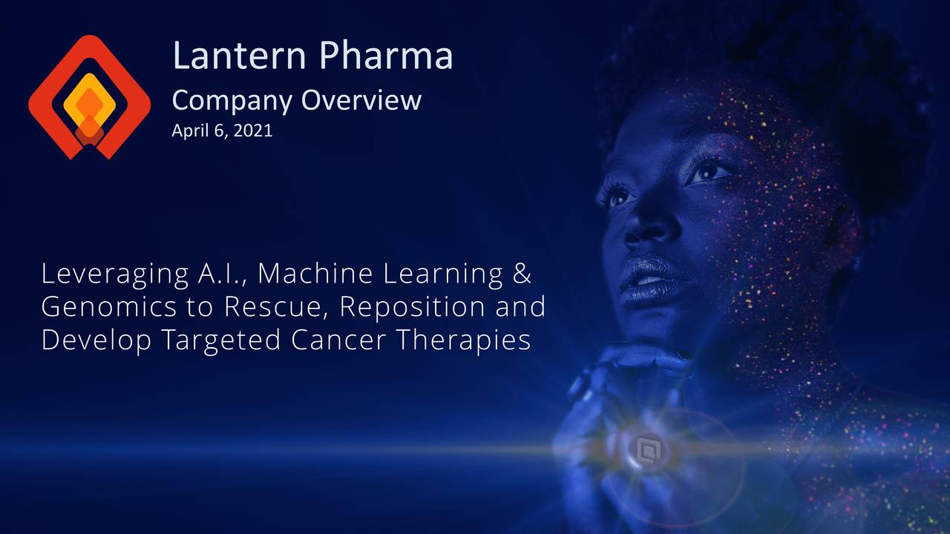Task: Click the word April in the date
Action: click(x=188, y=131)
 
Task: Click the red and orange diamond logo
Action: click(x=89, y=96)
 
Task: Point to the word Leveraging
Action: click(x=114, y=275)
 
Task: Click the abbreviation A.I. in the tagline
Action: click(x=222, y=274)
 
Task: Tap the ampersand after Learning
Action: click(x=522, y=274)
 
